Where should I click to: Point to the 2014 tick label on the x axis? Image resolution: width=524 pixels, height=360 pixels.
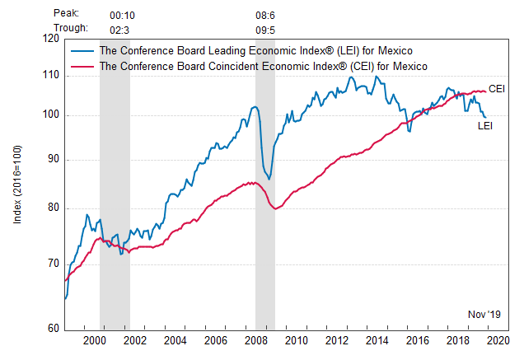(x=376, y=340)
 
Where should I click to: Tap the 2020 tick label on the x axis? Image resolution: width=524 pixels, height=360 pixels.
(x=497, y=340)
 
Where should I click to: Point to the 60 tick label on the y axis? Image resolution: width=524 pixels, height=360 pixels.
(x=52, y=328)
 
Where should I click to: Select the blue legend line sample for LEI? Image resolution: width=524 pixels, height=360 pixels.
(x=82, y=50)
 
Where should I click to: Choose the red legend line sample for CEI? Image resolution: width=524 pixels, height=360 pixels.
(x=82, y=65)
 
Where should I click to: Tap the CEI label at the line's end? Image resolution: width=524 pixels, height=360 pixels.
(x=497, y=88)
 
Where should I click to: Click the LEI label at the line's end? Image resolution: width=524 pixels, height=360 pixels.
(x=485, y=125)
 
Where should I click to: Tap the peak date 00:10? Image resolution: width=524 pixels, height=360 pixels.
(x=123, y=14)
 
